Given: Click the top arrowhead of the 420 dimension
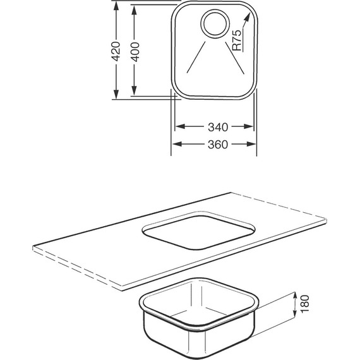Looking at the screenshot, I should [116, 6].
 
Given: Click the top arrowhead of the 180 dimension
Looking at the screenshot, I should [296, 295].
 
